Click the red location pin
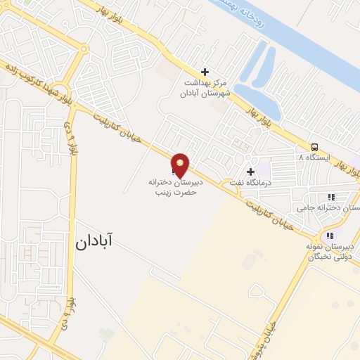point(181,164)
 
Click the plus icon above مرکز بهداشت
point(205,72)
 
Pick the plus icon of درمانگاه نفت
point(250,172)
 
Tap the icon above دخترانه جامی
point(331,198)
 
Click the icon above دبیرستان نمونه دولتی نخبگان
point(330,235)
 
